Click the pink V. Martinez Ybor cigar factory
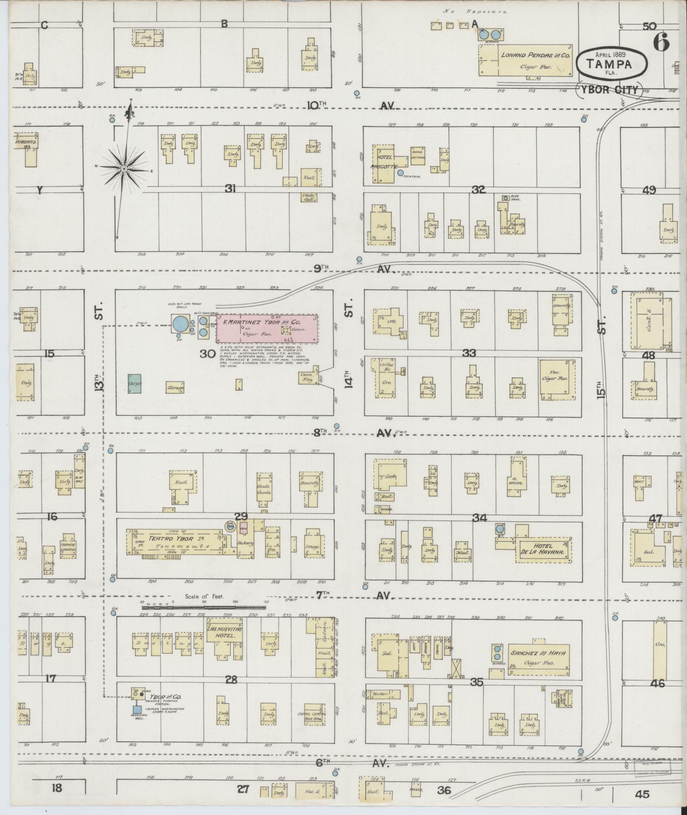click(267, 328)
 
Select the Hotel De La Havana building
click(542, 550)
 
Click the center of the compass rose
click(124, 169)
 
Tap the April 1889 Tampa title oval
click(612, 63)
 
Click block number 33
click(469, 353)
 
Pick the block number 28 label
click(231, 680)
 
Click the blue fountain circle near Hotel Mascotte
click(400, 173)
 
